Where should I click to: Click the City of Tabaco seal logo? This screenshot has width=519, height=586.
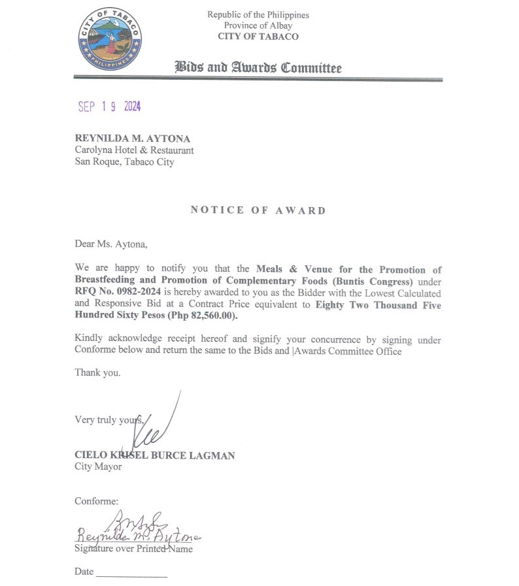click(x=109, y=40)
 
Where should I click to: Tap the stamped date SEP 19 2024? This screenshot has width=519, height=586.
click(x=109, y=106)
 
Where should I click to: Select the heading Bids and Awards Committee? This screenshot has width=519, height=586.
click(x=258, y=67)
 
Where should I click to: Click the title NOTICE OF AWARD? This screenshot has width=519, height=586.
click(x=258, y=210)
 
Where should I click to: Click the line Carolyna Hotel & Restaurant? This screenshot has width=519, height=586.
click(x=134, y=150)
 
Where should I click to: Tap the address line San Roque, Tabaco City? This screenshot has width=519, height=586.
click(x=124, y=162)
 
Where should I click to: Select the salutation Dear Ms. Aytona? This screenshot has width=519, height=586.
click(x=111, y=245)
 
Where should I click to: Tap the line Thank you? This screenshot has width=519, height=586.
click(x=97, y=373)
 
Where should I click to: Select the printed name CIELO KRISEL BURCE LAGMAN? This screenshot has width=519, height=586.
click(x=155, y=455)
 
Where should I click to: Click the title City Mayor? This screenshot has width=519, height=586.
click(x=98, y=466)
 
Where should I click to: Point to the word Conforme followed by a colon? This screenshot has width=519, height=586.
click(x=96, y=501)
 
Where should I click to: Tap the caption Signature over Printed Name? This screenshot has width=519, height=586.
click(x=133, y=549)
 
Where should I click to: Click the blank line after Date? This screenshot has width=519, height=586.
click(x=131, y=575)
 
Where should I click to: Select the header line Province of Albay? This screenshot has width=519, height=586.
click(x=258, y=25)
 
